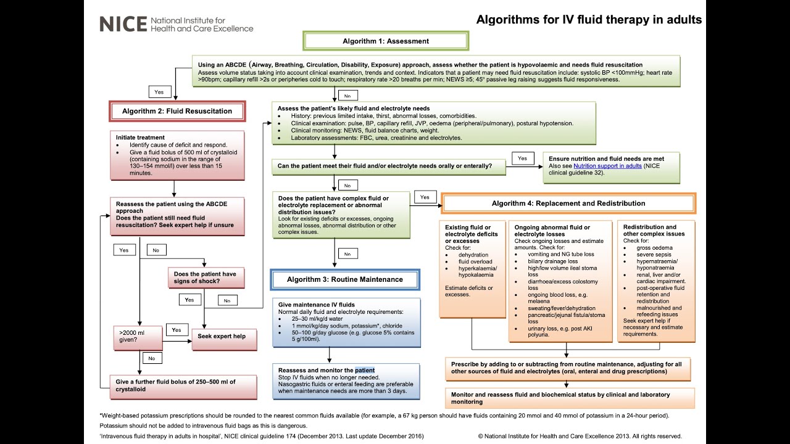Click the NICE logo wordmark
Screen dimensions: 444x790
(x=123, y=23)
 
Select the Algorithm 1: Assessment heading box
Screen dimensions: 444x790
(x=386, y=41)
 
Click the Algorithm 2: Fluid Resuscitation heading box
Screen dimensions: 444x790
(x=177, y=112)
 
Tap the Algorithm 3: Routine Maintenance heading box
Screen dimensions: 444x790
(x=344, y=279)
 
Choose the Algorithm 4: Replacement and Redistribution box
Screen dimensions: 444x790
(x=568, y=203)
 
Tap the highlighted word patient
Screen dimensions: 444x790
(x=365, y=370)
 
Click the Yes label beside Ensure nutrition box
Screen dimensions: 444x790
(x=522, y=158)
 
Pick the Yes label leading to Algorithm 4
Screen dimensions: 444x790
(x=425, y=197)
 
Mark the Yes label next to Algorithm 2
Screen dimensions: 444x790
(x=159, y=91)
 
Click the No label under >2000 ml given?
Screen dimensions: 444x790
(x=151, y=358)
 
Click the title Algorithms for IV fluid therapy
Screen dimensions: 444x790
(x=588, y=20)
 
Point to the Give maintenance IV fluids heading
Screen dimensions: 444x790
(x=316, y=305)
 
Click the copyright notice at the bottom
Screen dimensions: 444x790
(x=580, y=436)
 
